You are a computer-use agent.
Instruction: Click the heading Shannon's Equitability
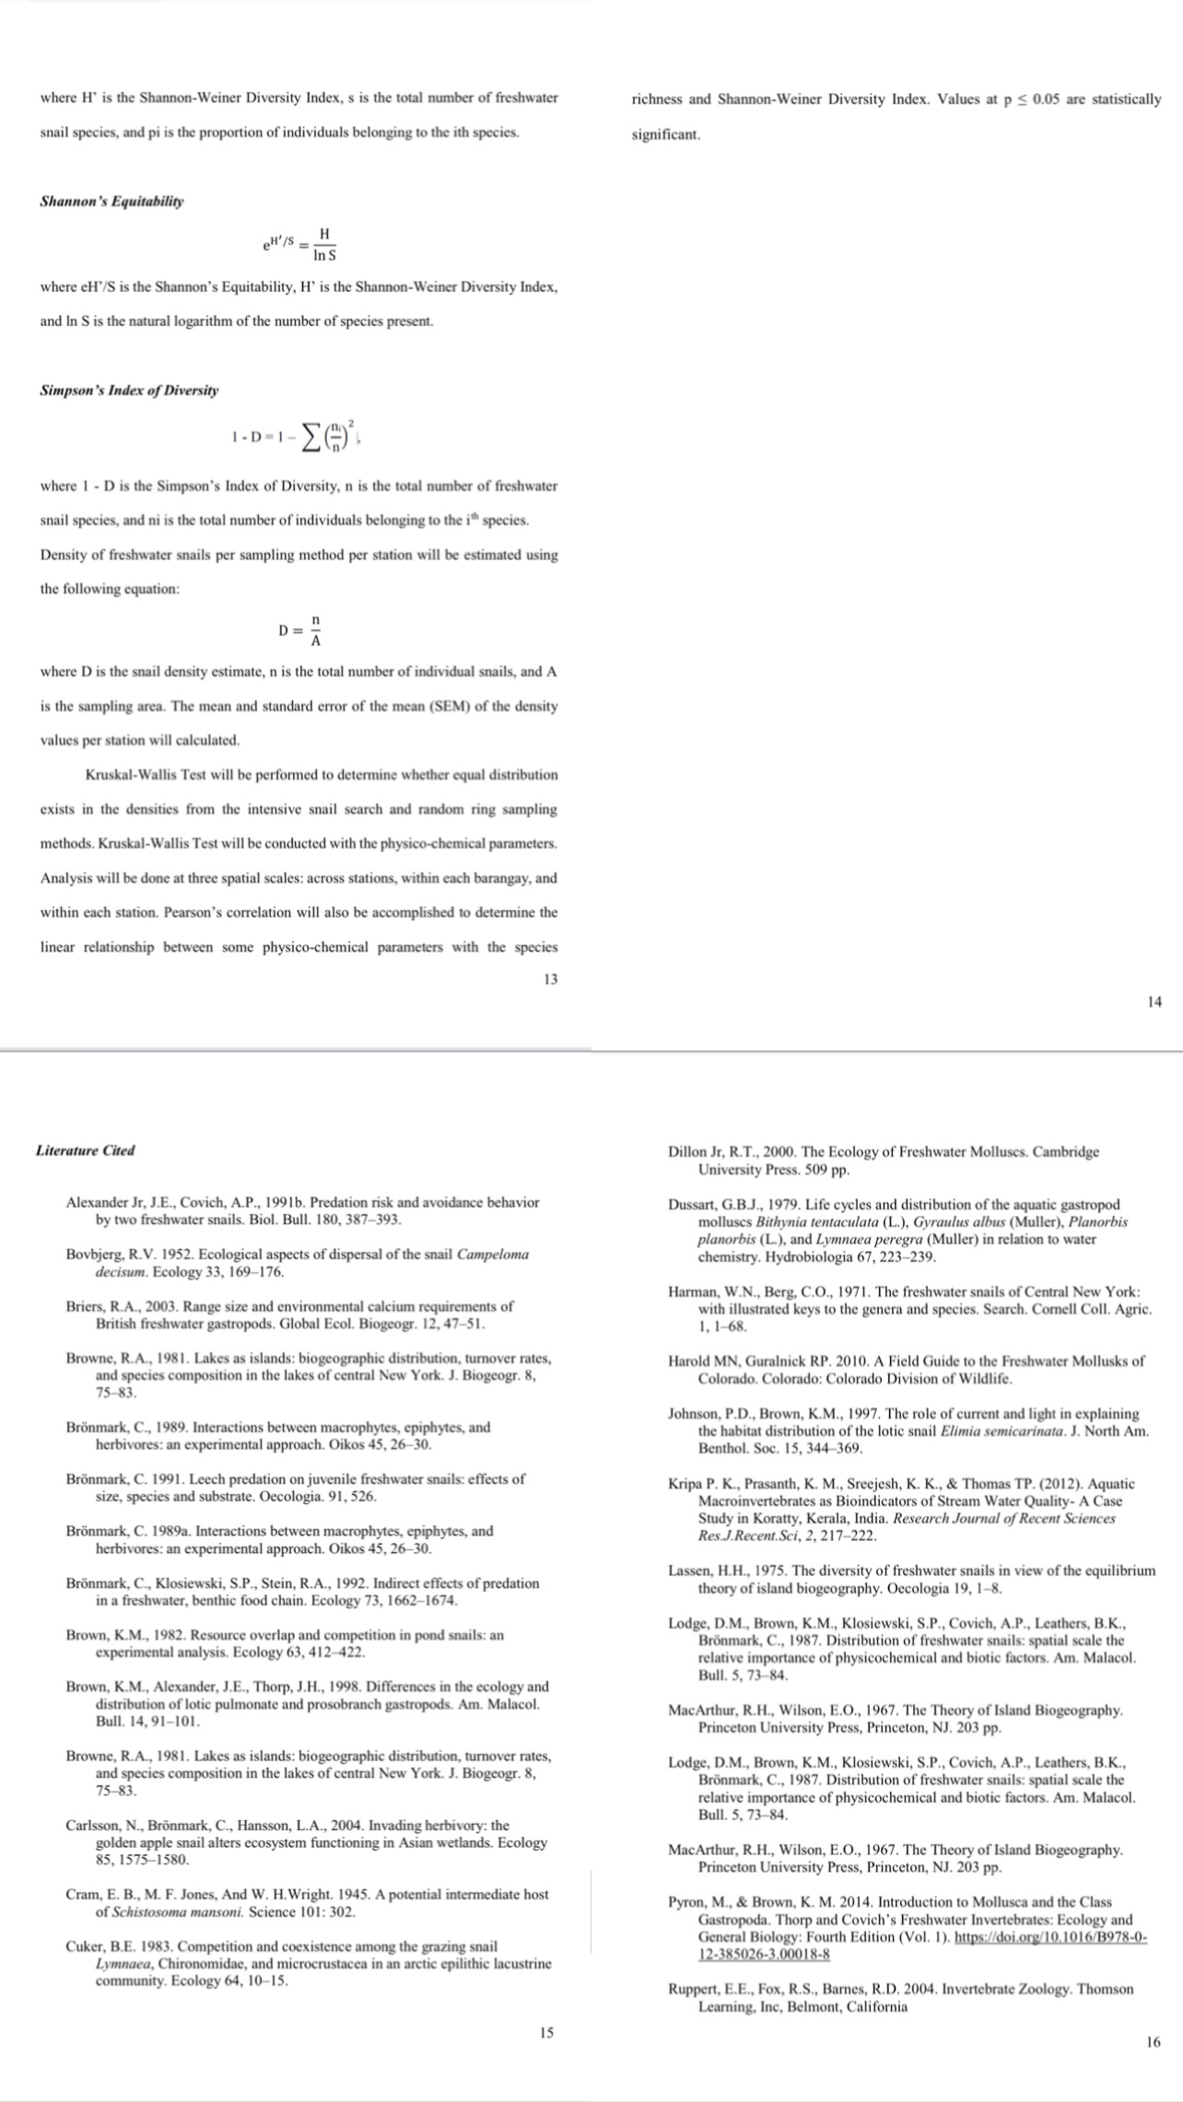[x=111, y=201]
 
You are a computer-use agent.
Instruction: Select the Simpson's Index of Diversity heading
[x=130, y=391]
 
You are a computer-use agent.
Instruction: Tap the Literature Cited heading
[x=85, y=1150]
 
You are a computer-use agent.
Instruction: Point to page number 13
[x=549, y=979]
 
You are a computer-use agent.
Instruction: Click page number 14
[x=1154, y=1002]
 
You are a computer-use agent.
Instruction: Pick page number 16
[x=1154, y=2043]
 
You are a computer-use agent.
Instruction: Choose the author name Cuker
[x=86, y=1946]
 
